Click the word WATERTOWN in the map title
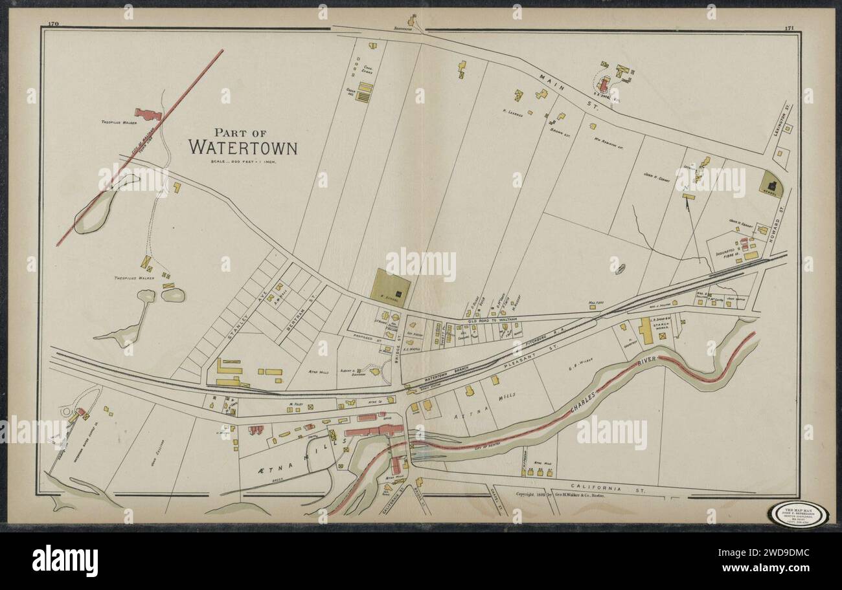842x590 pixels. point(243,147)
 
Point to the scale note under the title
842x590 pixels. point(243,162)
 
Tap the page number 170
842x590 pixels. point(53,24)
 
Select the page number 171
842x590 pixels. point(789,27)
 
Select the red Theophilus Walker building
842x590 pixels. point(148,115)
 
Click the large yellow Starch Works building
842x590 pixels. point(646,331)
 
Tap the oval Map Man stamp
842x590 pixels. point(797,515)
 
